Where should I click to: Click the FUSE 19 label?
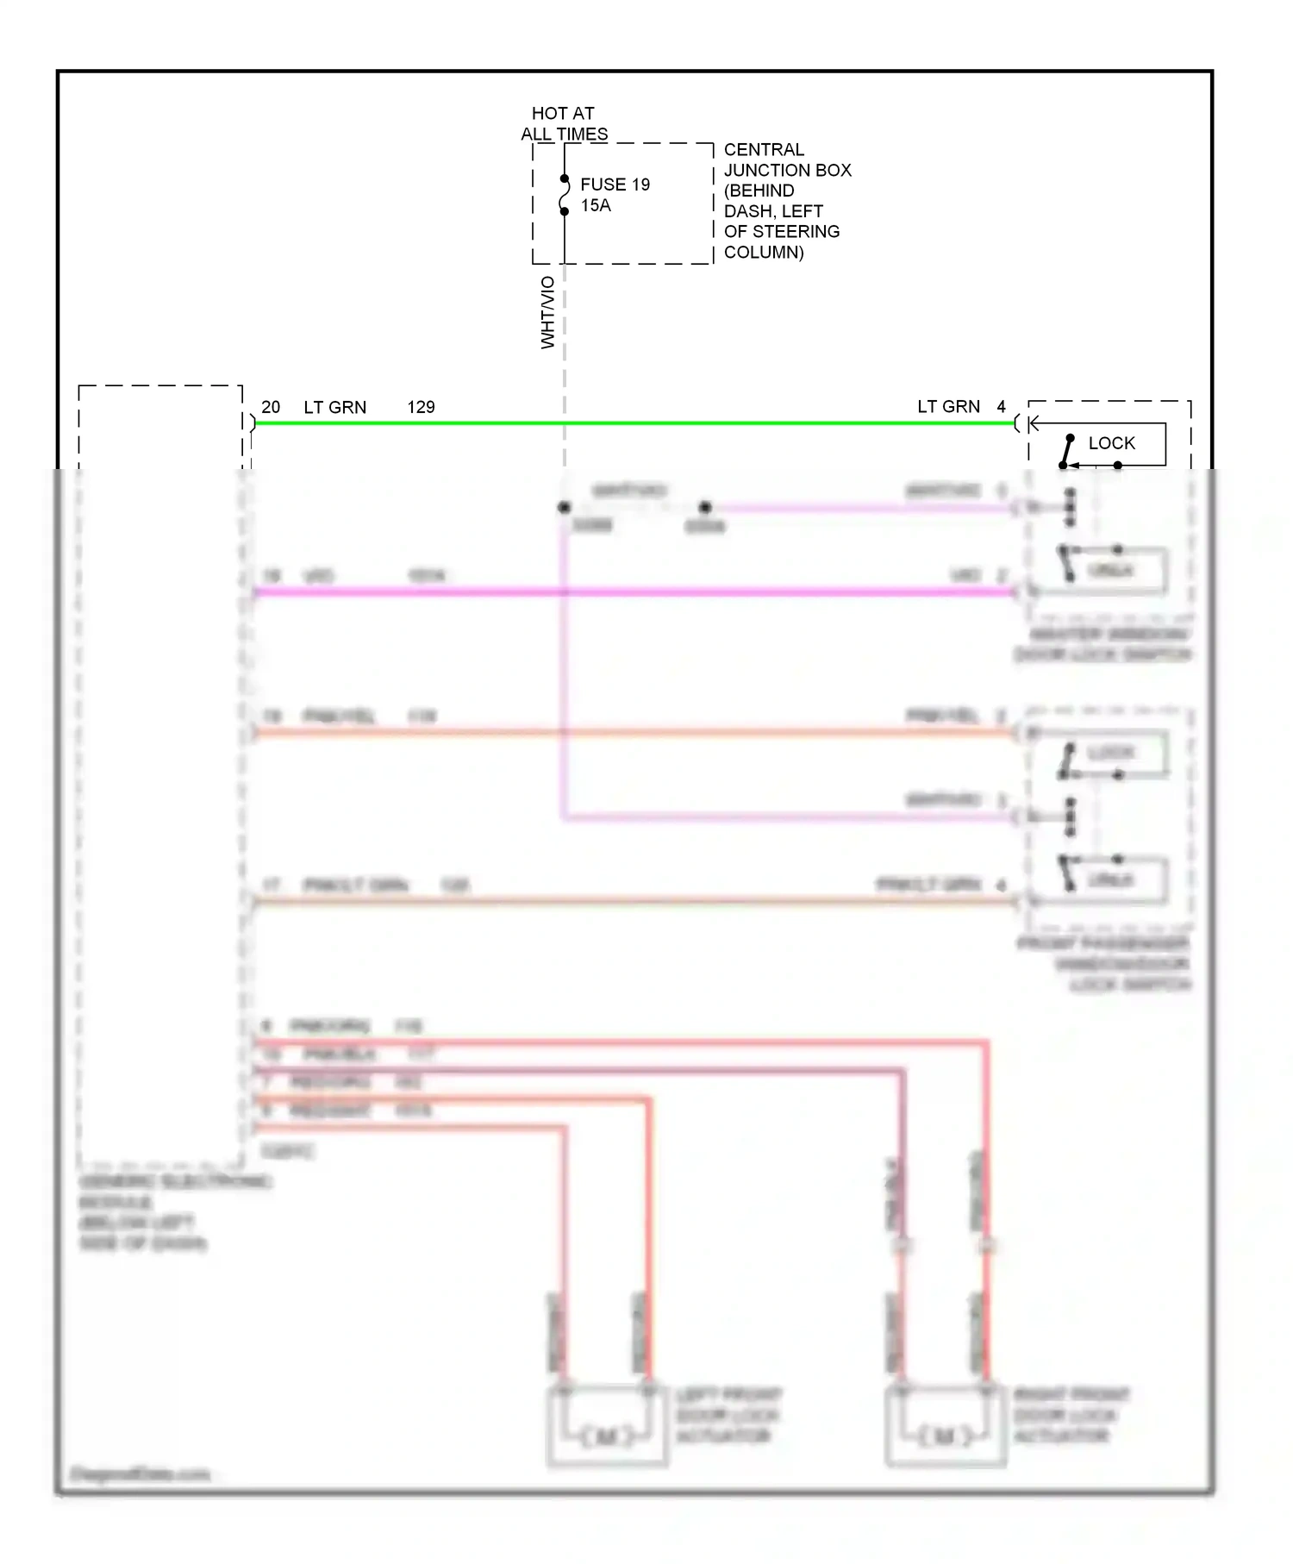(615, 185)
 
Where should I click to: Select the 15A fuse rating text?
(595, 205)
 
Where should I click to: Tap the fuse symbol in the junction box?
(565, 196)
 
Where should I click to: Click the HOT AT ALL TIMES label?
(564, 123)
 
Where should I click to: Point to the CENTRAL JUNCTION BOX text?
(786, 160)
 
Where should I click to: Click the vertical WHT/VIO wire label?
(547, 312)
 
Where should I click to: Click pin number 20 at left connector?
(271, 407)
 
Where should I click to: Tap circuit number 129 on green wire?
(421, 407)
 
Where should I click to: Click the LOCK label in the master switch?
(1111, 443)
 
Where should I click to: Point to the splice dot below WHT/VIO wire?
(565, 508)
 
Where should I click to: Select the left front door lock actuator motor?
(607, 1436)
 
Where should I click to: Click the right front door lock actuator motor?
(945, 1436)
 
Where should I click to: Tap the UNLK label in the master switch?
(1110, 571)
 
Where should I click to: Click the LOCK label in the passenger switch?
(1110, 753)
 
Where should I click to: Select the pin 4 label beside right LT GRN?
(1001, 407)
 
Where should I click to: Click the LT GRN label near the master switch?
(948, 407)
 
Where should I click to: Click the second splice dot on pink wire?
(705, 508)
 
